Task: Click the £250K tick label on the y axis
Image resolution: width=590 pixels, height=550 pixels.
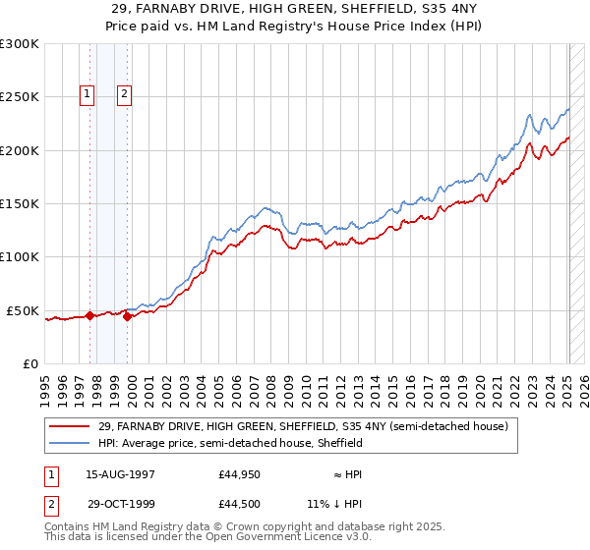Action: tap(20, 97)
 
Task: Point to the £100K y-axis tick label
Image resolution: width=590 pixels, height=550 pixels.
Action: tap(20, 257)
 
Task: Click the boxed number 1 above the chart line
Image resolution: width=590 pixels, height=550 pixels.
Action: tap(88, 94)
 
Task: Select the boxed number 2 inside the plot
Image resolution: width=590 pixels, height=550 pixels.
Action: tap(126, 94)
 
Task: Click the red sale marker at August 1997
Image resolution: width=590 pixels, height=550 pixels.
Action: tap(89, 315)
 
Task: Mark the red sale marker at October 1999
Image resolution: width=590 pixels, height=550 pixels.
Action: tap(128, 316)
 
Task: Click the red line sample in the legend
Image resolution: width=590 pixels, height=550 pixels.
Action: tap(69, 426)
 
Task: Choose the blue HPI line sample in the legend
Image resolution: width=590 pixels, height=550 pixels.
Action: tap(69, 443)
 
